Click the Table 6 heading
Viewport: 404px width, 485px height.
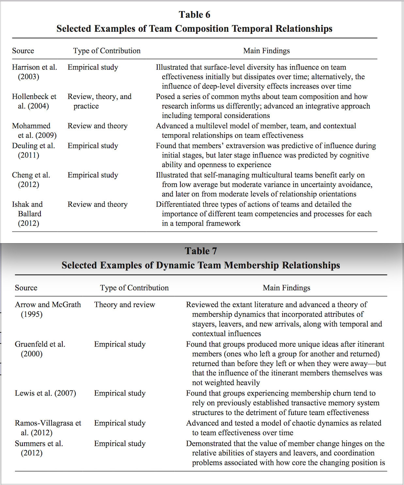tap(194, 15)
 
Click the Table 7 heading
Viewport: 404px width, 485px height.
tap(201, 251)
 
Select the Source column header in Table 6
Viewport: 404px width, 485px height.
tap(23, 51)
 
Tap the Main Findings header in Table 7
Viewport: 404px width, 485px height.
tap(286, 288)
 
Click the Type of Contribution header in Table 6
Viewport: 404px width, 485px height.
tap(107, 51)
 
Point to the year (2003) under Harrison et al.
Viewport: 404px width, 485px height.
tap(28, 77)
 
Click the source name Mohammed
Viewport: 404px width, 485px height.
tap(31, 126)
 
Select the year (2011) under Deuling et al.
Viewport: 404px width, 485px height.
tap(28, 155)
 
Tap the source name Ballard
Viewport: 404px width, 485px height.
tap(30, 214)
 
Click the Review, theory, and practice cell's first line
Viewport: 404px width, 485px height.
tap(100, 96)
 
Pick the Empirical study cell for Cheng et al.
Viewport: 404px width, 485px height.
tap(93, 175)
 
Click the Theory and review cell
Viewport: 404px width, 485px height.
tap(125, 305)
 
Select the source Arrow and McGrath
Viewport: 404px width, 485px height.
tap(48, 305)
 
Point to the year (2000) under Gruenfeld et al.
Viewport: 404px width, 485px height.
tap(32, 354)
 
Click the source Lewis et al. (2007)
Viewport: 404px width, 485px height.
tap(45, 393)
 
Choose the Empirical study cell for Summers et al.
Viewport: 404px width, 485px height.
tap(120, 443)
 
